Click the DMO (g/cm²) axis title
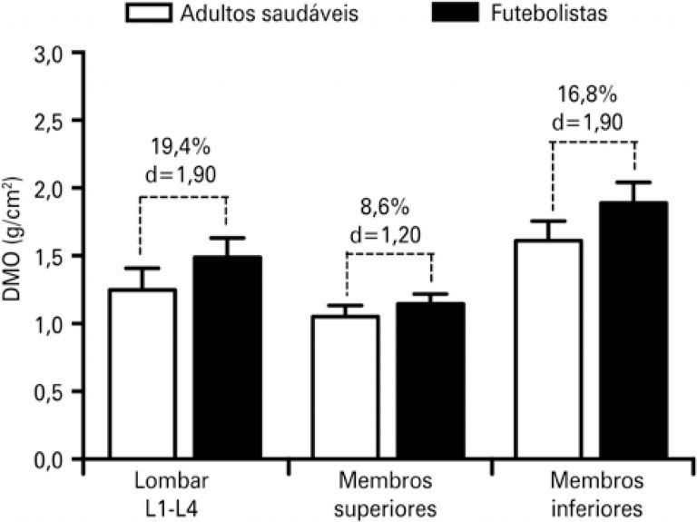pyautogui.click(x=20, y=259)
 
